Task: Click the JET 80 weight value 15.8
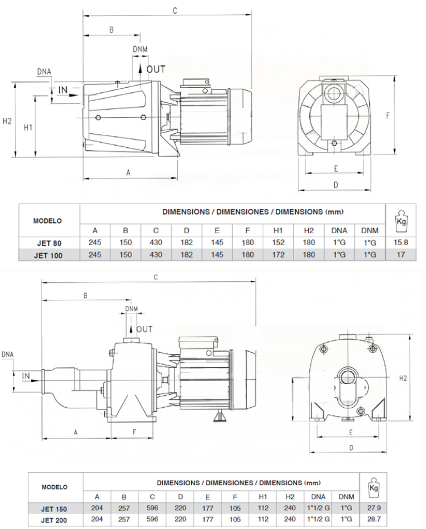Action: pos(402,242)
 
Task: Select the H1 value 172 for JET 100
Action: pos(278,255)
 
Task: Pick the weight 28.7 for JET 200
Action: pos(373,519)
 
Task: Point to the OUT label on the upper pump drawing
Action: pos(156,69)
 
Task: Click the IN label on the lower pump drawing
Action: pos(26,376)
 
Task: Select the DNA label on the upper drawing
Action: pos(44,71)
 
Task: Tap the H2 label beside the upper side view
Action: pos(7,121)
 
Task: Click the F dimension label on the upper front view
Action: pos(387,115)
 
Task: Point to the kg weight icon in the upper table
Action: pos(402,220)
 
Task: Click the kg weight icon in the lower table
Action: pos(373,487)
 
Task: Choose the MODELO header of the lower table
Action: pos(55,487)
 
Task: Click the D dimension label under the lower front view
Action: pos(350,448)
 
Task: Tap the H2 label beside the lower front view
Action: pos(403,378)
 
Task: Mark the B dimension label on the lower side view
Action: pos(85,296)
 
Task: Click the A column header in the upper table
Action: pos(95,230)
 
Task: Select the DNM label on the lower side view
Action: pos(131,309)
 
